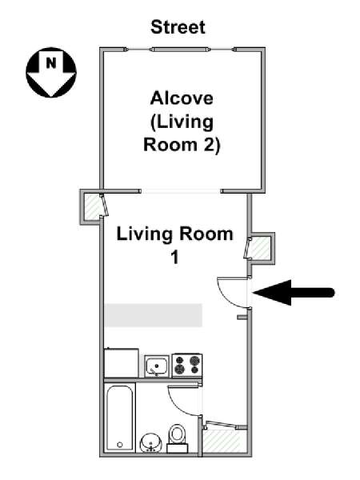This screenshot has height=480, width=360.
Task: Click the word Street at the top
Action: pyautogui.click(x=178, y=27)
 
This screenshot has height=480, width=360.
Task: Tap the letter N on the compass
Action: pyautogui.click(x=51, y=63)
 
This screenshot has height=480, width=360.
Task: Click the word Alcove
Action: pyautogui.click(x=182, y=98)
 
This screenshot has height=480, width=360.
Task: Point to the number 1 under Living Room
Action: pyautogui.click(x=174, y=258)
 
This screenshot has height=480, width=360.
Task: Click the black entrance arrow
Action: pyautogui.click(x=294, y=293)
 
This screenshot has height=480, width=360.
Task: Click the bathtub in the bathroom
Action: pyautogui.click(x=120, y=418)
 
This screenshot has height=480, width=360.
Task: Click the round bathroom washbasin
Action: pyautogui.click(x=150, y=442)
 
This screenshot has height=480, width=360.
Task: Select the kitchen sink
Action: pyautogui.click(x=157, y=366)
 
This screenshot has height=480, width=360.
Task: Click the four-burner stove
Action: pyautogui.click(x=187, y=366)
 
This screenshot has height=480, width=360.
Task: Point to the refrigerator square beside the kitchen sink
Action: pyautogui.click(x=122, y=362)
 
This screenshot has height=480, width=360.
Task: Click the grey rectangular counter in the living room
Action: pyautogui.click(x=154, y=315)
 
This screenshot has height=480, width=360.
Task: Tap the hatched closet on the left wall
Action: pyautogui.click(x=92, y=207)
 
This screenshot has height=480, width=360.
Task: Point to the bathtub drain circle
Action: pyautogui.click(x=120, y=445)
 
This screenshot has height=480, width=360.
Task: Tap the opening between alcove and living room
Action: pyautogui.click(x=181, y=191)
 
